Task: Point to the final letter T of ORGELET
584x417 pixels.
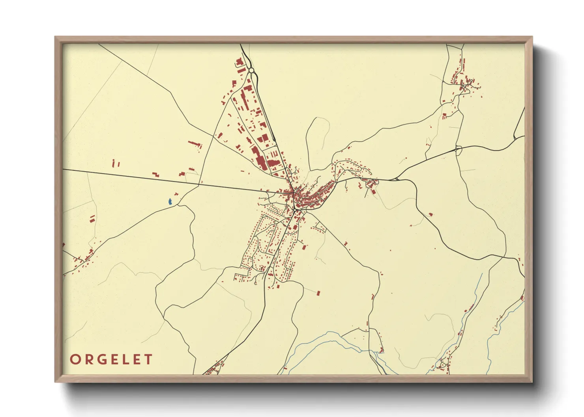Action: [x=148, y=359]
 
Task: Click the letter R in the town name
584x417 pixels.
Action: [x=88, y=359]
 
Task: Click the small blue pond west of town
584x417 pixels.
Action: [x=170, y=202]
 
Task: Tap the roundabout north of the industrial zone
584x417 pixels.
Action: [x=251, y=70]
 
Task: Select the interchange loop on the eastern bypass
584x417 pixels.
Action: [x=458, y=149]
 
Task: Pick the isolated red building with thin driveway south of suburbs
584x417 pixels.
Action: [x=318, y=293]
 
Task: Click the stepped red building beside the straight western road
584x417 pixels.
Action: [x=156, y=174]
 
